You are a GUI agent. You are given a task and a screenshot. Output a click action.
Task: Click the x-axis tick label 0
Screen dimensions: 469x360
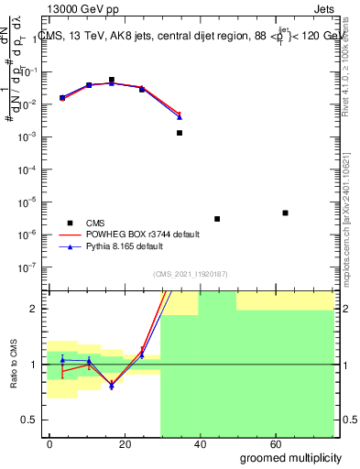[x=50, y=443]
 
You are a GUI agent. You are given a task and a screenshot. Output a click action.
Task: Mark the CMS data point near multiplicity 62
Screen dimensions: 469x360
[x=286, y=213]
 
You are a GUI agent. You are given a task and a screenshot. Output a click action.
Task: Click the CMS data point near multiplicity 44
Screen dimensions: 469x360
[x=217, y=219]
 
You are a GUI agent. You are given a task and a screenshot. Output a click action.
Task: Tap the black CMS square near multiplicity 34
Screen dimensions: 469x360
[x=180, y=133]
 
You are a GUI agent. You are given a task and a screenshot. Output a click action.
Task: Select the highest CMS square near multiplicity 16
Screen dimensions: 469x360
[x=112, y=80]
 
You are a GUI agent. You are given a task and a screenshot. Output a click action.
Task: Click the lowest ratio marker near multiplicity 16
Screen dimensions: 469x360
[x=112, y=387]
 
